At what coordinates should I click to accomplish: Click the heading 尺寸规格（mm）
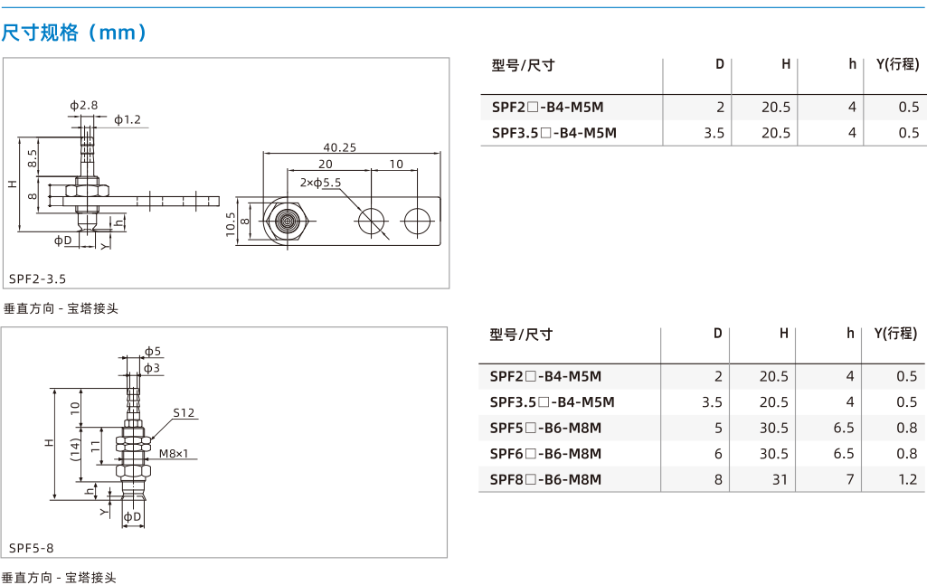coord(74,32)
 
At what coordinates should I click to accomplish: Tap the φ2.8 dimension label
coord(84,105)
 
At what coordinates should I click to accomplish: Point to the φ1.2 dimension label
coord(128,119)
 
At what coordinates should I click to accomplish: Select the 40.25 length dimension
coord(340,147)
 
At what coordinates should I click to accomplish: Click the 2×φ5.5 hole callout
coord(320,183)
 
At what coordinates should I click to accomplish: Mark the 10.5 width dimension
coord(231,224)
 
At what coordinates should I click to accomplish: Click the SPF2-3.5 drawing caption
coord(38,278)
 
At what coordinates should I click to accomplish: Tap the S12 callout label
coord(184,412)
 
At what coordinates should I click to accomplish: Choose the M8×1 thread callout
coord(174,453)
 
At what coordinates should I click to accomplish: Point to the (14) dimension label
coord(75,449)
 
